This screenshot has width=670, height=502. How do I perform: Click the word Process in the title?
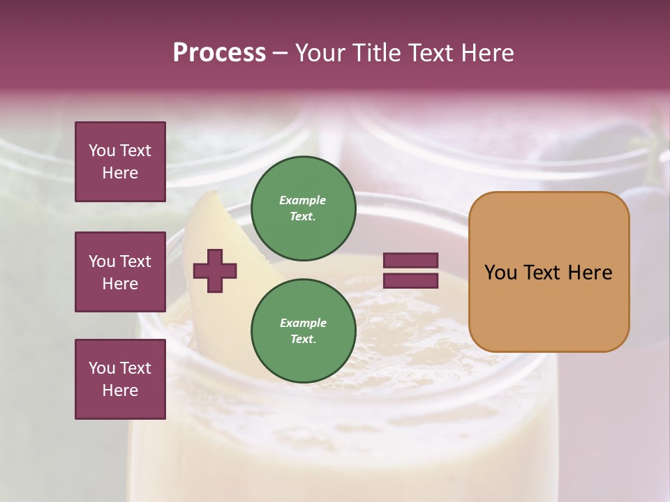(219, 53)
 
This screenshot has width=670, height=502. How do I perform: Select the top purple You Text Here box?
(120, 162)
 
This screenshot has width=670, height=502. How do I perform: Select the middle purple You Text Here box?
(120, 272)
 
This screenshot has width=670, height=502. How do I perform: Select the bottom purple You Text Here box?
(120, 379)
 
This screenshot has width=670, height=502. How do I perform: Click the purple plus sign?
(215, 270)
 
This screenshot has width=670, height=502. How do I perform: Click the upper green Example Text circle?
(303, 208)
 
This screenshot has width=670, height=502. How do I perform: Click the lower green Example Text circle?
(303, 330)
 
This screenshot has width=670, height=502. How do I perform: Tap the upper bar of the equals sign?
(410, 260)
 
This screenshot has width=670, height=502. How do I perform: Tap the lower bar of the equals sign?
(410, 281)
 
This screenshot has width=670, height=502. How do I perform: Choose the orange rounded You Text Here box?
(549, 272)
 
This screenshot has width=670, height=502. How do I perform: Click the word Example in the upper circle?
(303, 200)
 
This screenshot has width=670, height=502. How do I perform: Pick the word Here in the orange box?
(590, 273)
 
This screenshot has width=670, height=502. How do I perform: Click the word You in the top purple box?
(102, 151)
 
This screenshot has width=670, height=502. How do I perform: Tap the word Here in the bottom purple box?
(120, 390)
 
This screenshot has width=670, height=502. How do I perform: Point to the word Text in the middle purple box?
(134, 261)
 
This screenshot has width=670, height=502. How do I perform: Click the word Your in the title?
(320, 53)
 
